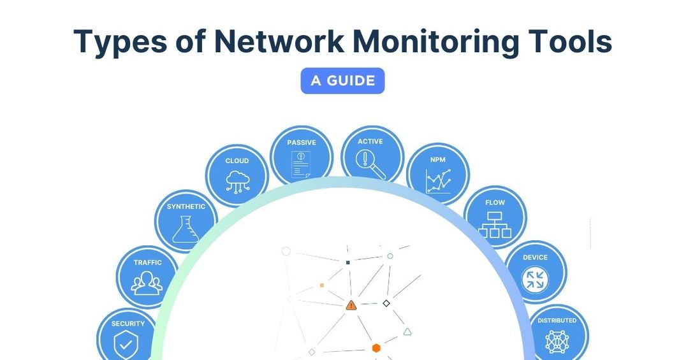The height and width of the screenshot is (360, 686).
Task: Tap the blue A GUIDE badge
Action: point(342,81)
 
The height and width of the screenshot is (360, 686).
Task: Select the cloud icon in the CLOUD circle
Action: point(237,181)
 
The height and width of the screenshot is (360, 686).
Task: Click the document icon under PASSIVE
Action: point(301,165)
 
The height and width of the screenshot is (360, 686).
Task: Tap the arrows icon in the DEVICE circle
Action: point(535,279)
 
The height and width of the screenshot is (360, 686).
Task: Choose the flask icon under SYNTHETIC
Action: point(186,229)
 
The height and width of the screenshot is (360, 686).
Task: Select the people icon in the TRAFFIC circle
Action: point(147,283)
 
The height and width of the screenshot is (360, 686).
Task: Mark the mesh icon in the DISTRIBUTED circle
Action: point(557,342)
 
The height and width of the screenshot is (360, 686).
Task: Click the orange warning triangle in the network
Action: point(351,305)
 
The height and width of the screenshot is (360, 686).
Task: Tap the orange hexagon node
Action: point(376,348)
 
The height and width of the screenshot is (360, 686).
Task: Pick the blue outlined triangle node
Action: point(407,331)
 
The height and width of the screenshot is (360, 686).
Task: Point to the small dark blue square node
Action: point(347,262)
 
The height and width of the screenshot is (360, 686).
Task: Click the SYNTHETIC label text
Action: point(186,206)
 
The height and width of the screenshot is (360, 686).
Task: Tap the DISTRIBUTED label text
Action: point(557,320)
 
